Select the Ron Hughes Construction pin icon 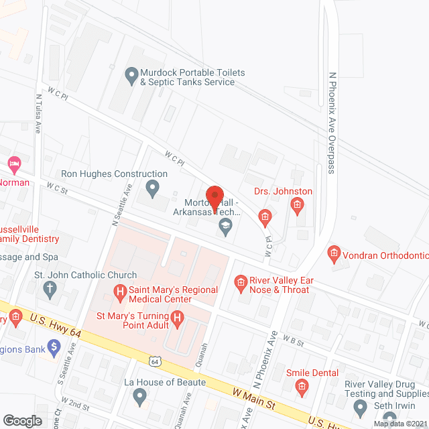(153, 189)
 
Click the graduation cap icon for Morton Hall (226, 229)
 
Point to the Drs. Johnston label (283, 192)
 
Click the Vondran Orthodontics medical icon (333, 253)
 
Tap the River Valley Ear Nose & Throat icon (240, 284)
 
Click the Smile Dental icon (301, 387)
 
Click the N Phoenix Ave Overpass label (331, 122)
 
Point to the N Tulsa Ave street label (38, 115)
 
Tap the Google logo (22, 420)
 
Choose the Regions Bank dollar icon (55, 347)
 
